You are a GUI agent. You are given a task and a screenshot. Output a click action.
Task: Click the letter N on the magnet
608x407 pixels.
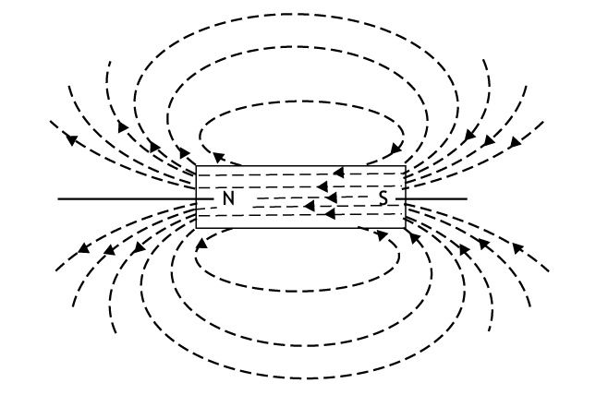pyautogui.click(x=229, y=198)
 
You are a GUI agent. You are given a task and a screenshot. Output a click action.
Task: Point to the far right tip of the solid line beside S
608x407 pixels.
pyautogui.click(x=468, y=198)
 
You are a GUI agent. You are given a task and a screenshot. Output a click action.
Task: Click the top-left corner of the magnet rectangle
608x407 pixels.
pyautogui.click(x=197, y=166)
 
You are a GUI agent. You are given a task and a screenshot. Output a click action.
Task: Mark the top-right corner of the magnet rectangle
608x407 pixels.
pyautogui.click(x=405, y=166)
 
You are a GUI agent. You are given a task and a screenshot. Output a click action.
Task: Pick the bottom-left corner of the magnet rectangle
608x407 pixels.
pyautogui.click(x=197, y=227)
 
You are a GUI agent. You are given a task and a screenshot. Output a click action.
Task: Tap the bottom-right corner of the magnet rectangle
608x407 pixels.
pyautogui.click(x=405, y=227)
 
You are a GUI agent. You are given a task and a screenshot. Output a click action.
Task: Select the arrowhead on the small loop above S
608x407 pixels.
pyautogui.click(x=396, y=148)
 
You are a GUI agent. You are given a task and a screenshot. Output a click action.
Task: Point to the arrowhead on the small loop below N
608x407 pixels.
pyautogui.click(x=201, y=244)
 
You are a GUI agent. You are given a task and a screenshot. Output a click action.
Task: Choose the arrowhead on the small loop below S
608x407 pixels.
pyautogui.click(x=383, y=234)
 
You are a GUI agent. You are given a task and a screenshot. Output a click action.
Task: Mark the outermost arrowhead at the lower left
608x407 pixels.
pyautogui.click(x=84, y=248)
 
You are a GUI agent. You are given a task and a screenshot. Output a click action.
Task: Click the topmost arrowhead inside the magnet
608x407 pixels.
pyautogui.click(x=338, y=172)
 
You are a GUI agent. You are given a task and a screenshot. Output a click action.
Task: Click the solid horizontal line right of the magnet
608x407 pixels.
pyautogui.click(x=436, y=198)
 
